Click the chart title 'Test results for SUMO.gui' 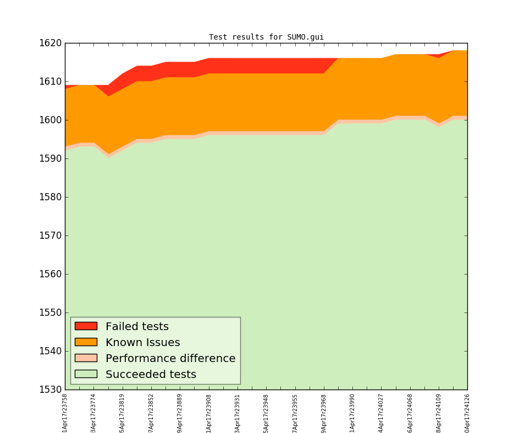point(266,37)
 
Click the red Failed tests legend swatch point(86,326)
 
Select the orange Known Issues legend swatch point(86,342)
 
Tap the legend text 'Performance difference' point(170,359)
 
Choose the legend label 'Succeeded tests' point(151,375)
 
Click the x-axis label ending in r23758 point(65,413)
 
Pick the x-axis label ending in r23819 point(122,413)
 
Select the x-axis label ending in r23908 point(209,413)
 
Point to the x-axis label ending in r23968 point(323,413)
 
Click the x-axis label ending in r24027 point(381,413)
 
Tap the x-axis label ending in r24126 point(467,413)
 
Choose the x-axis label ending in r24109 point(439,413)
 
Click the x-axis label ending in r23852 point(151,413)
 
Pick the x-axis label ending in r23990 point(352,413)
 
